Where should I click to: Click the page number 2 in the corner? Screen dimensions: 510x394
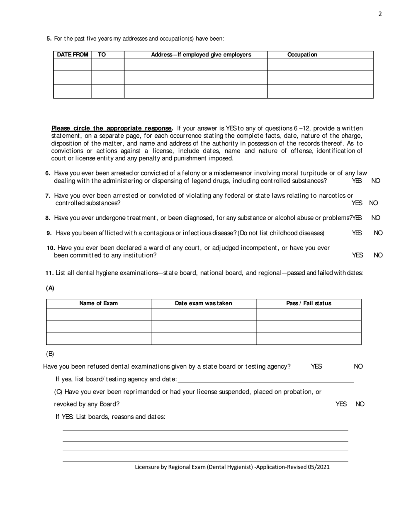pos(380,14)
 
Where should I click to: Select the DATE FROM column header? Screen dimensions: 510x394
pos(73,55)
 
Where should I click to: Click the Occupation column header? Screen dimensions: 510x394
pos(302,55)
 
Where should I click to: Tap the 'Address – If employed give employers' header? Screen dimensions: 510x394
pos(201,55)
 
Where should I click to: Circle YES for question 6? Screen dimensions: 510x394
pos(357,181)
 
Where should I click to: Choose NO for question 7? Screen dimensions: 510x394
pos(374,203)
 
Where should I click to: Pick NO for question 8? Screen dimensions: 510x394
pos(376,218)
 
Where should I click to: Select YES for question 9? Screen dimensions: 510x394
pos(357,233)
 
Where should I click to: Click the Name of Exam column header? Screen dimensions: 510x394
pos(99,304)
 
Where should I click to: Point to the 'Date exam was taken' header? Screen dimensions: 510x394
pos(204,304)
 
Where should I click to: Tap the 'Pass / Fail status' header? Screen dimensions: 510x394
pos(309,304)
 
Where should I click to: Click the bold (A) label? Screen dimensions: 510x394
pos(50,288)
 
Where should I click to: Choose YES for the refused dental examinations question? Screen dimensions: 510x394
pos(316,367)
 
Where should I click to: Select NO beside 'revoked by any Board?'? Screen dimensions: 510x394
pos(360,404)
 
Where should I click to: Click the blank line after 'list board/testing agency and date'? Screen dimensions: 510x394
pos(265,379)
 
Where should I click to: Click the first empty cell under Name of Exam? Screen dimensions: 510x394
pos(99,315)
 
